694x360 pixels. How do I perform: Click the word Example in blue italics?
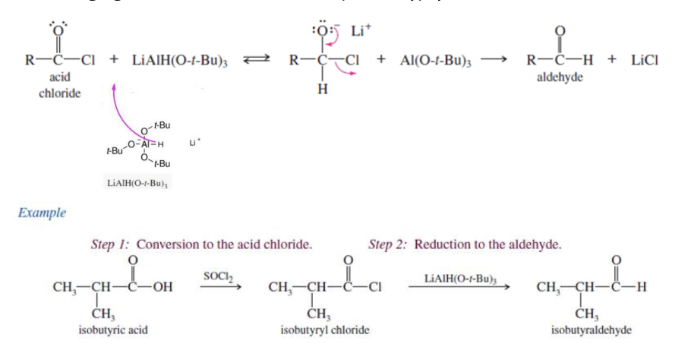pyautogui.click(x=42, y=213)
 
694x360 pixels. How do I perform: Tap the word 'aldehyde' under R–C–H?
pyautogui.click(x=560, y=78)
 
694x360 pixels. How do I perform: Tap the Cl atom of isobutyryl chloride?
pyautogui.click(x=374, y=288)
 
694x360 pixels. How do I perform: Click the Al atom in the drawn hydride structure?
pyautogui.click(x=150, y=144)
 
